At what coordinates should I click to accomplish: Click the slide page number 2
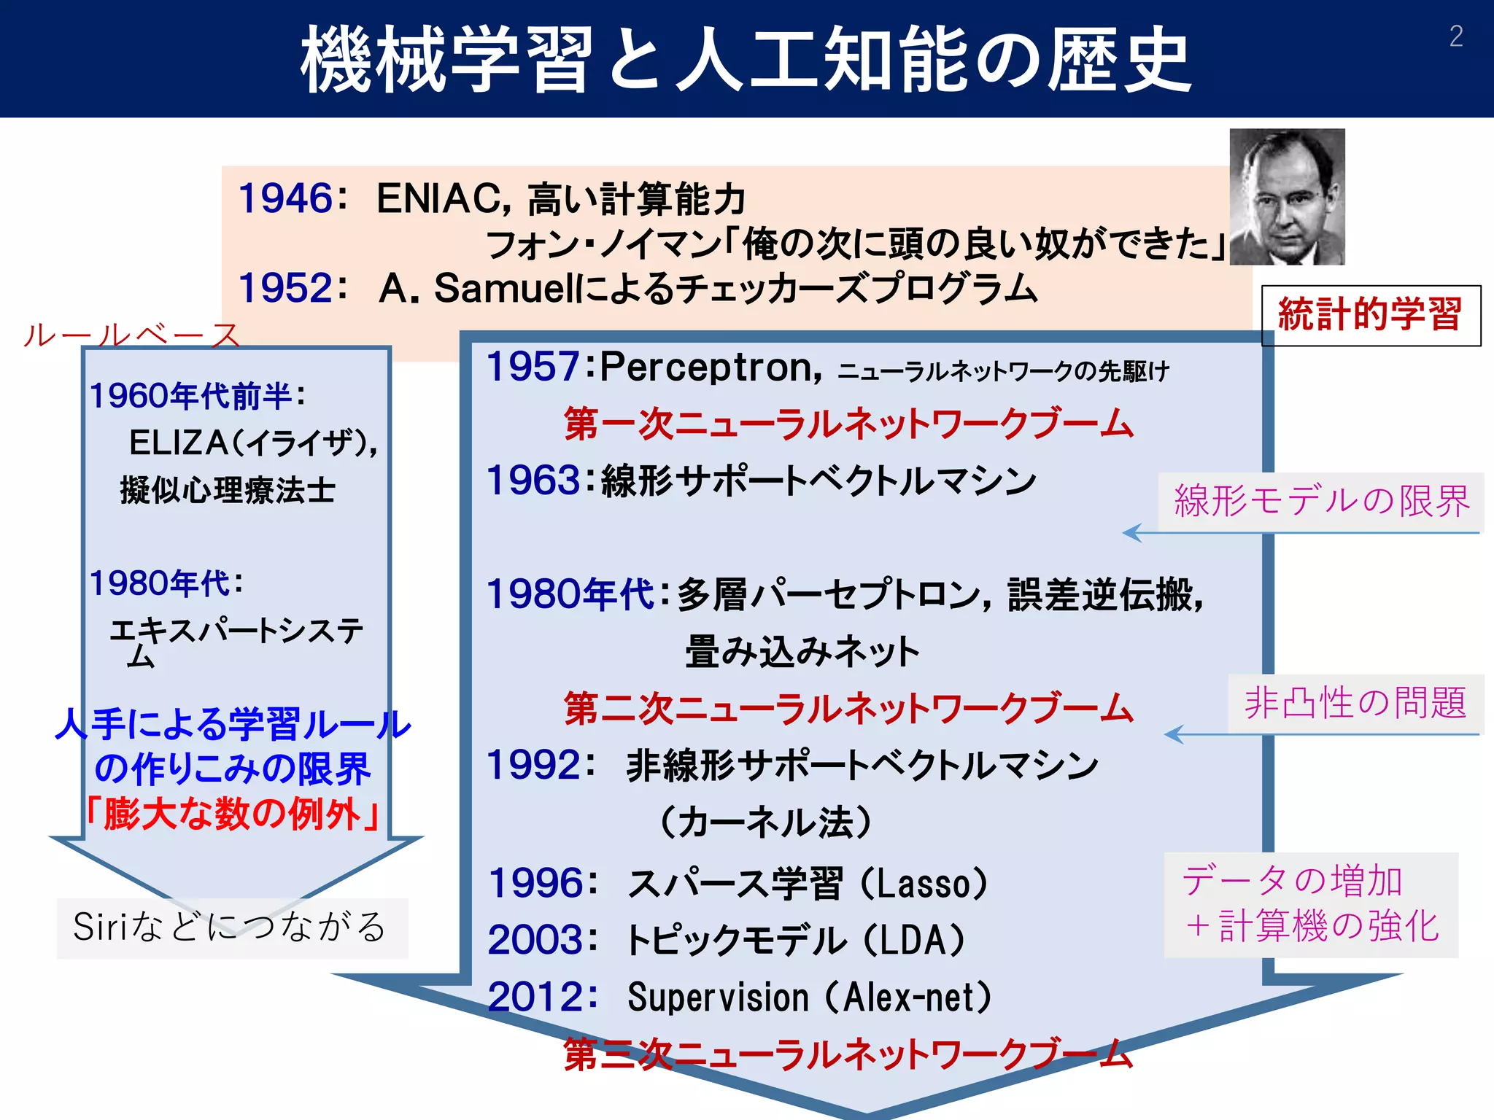(1456, 36)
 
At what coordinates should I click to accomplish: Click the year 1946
(285, 198)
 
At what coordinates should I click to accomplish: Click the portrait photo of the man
(1287, 197)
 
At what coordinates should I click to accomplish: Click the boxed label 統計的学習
(1370, 315)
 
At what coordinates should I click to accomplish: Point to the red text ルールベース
(131, 335)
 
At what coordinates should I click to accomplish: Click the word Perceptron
(705, 367)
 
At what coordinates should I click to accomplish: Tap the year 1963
(533, 481)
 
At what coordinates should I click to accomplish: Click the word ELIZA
(179, 443)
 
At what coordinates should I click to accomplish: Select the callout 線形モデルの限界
(1321, 502)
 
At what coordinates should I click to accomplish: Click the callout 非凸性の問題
(1355, 704)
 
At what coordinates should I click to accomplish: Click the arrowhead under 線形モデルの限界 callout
(1131, 533)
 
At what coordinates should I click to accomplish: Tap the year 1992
(533, 766)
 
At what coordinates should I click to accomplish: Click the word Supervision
(718, 997)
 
